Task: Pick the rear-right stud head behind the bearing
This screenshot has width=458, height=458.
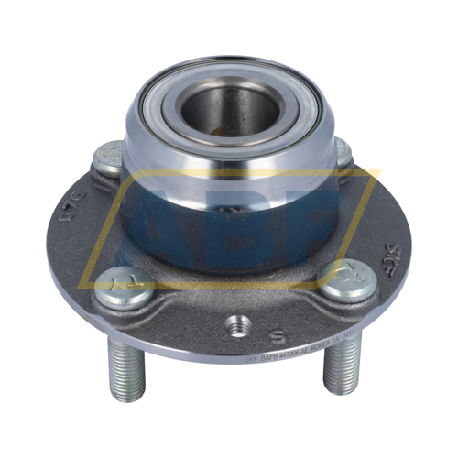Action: (345, 153)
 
